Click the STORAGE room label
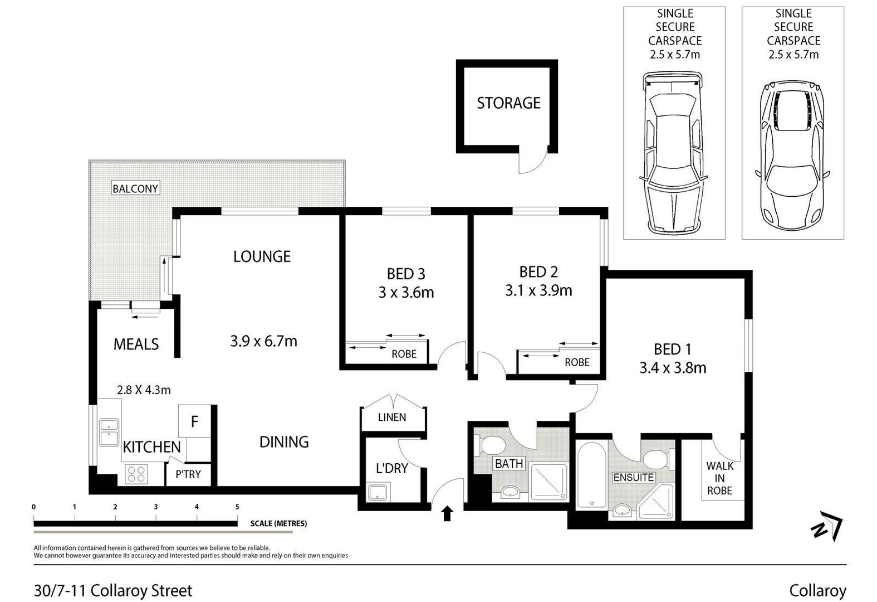click(508, 103)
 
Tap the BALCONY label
click(135, 188)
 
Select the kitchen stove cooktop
click(136, 474)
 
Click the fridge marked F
click(194, 421)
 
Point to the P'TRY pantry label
click(188, 474)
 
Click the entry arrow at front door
click(447, 513)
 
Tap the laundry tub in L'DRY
click(378, 493)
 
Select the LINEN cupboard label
click(392, 417)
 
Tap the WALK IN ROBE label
click(719, 478)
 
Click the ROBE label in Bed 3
click(404, 354)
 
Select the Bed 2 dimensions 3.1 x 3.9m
click(538, 291)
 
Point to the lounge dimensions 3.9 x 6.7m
click(263, 341)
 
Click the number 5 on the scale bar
click(237, 507)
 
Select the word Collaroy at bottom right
click(817, 591)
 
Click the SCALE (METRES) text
click(278, 523)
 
